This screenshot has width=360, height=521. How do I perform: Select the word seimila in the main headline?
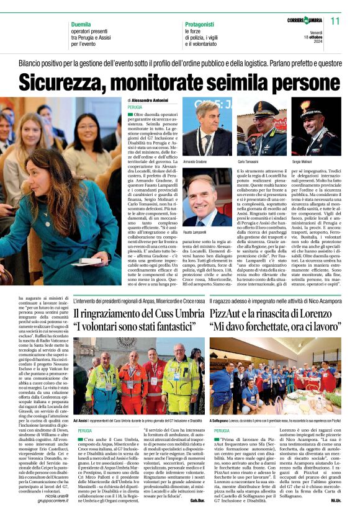click(230, 82)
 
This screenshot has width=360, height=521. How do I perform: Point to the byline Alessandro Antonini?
click(149, 100)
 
